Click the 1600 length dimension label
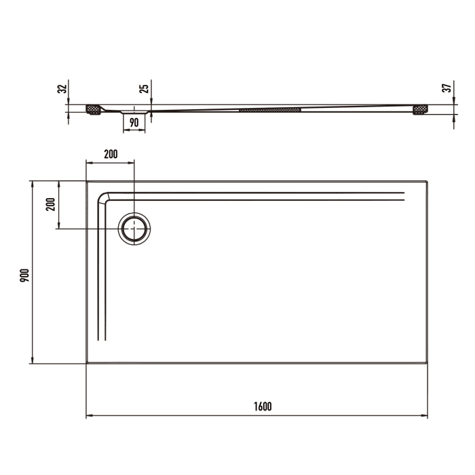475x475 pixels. pyautogui.click(x=263, y=406)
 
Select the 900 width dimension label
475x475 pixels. pyautogui.click(x=24, y=274)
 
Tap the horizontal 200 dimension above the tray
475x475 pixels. pyautogui.click(x=110, y=154)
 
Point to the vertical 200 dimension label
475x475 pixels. pyautogui.click(x=50, y=204)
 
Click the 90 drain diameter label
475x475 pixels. pyautogui.click(x=134, y=122)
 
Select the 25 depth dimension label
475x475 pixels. pyautogui.click(x=143, y=89)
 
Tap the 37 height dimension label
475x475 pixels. pyautogui.click(x=446, y=89)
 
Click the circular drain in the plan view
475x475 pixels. pyautogui.click(x=134, y=229)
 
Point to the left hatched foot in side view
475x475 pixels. pyautogui.click(x=94, y=109)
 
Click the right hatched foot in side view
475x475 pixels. pyautogui.click(x=421, y=109)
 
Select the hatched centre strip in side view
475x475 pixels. pyautogui.click(x=269, y=109)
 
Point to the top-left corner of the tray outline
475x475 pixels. pyautogui.click(x=87, y=182)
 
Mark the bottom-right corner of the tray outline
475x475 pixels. pyautogui.click(x=427, y=363)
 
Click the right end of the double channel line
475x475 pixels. pyautogui.click(x=404, y=197)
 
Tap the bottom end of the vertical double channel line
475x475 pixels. pyautogui.click(x=102, y=339)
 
